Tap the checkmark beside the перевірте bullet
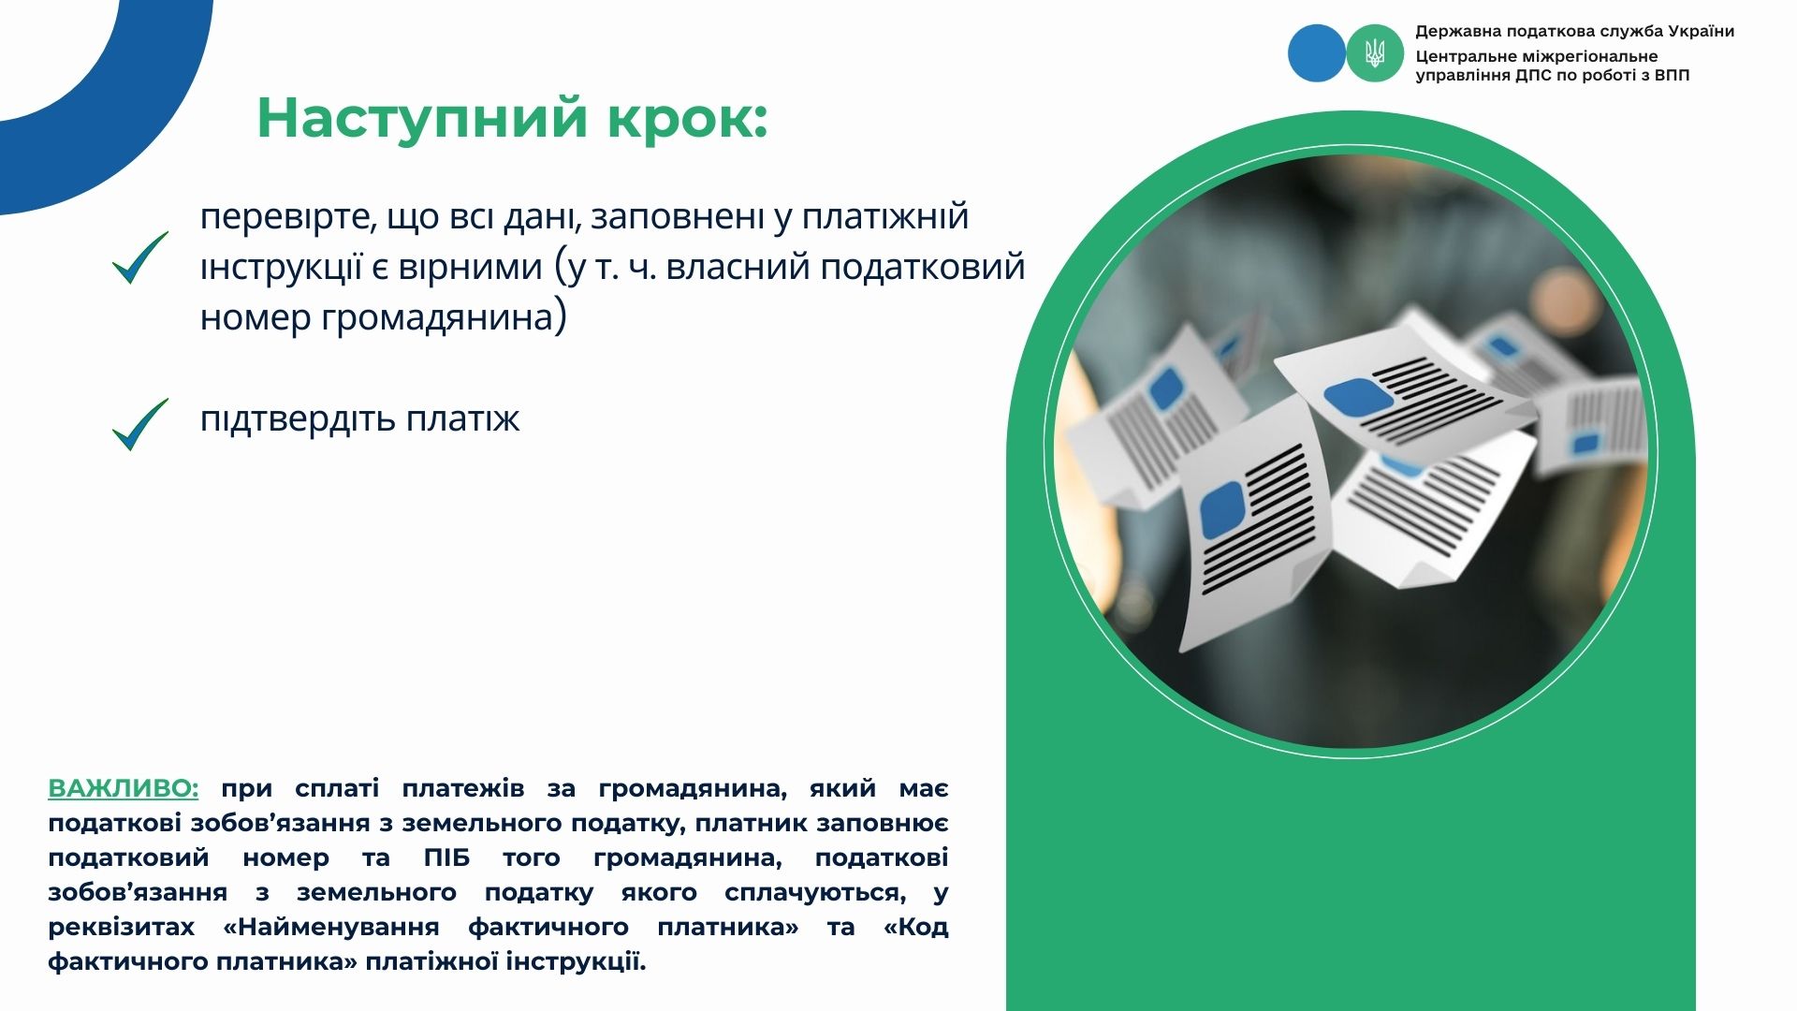(140, 257)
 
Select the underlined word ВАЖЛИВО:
(124, 788)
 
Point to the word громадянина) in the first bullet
(444, 317)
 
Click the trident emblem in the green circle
(1375, 52)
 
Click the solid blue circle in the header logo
(1316, 52)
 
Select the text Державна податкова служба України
(1575, 32)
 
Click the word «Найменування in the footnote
(331, 927)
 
